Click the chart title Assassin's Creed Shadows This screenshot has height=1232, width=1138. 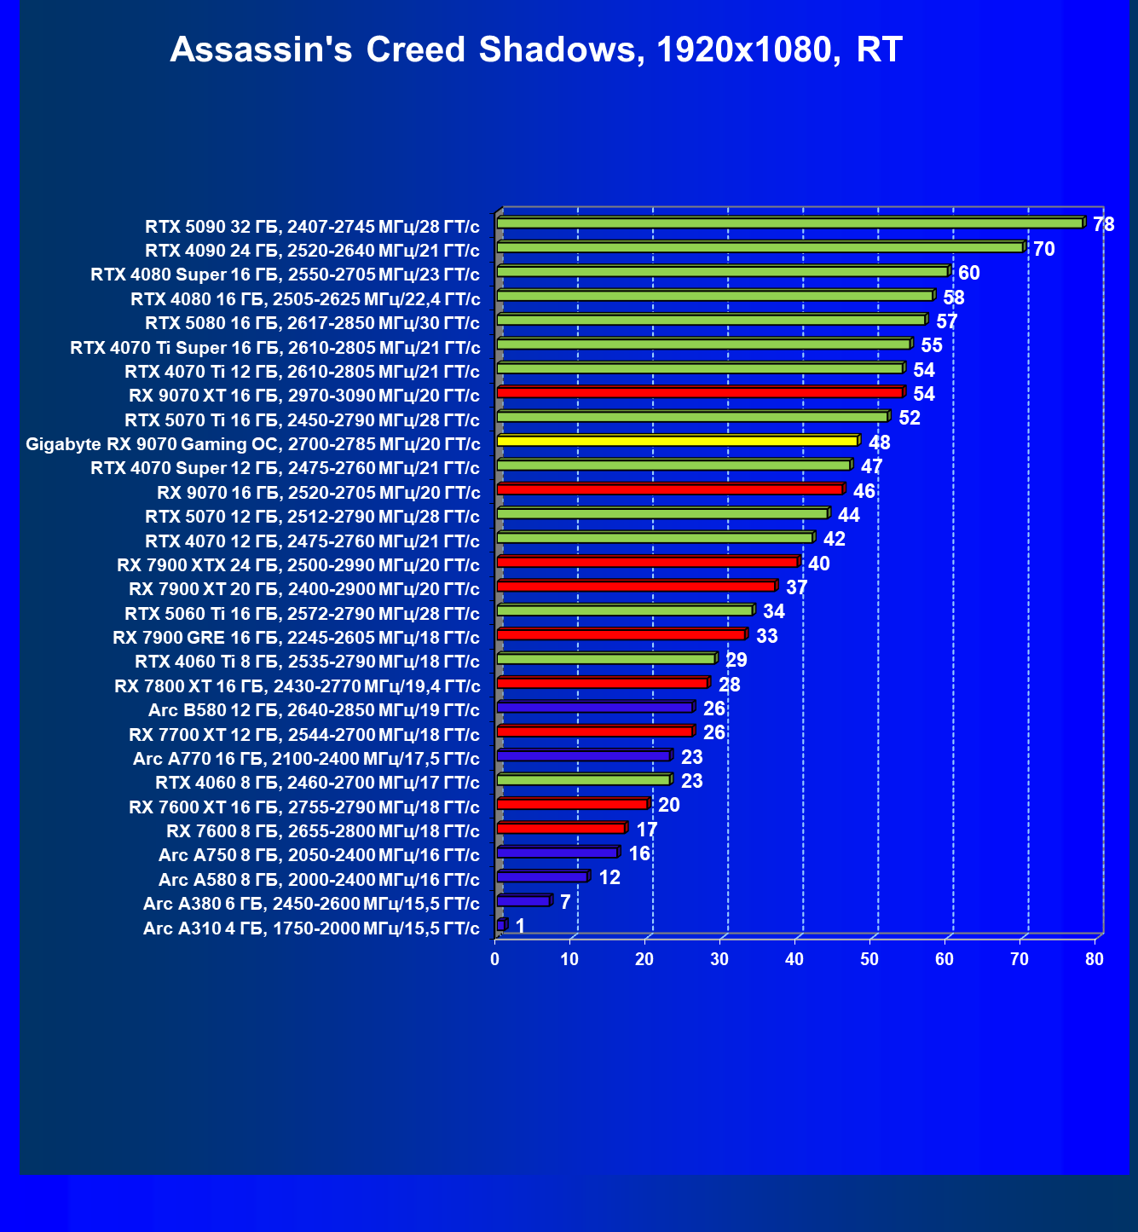pyautogui.click(x=535, y=50)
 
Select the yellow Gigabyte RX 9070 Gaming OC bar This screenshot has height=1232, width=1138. pyautogui.click(x=677, y=441)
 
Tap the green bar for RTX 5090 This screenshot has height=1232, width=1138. pyautogui.click(x=789, y=223)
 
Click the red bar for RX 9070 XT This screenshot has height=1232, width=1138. pyautogui.click(x=699, y=392)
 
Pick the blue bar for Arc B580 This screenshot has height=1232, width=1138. pyautogui.click(x=594, y=707)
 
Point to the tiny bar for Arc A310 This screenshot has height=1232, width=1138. pyautogui.click(x=501, y=925)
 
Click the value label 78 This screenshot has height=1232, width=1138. pyautogui.click(x=1104, y=224)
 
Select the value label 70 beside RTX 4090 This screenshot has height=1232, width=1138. pyautogui.click(x=1044, y=249)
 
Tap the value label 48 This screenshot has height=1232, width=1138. pyautogui.click(x=879, y=442)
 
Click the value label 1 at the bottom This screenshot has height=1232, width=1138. pyautogui.click(x=520, y=926)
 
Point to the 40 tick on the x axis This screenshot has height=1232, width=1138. pyautogui.click(x=794, y=959)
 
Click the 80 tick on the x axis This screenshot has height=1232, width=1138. pyautogui.click(x=1095, y=959)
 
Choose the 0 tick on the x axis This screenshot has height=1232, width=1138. pyautogui.click(x=494, y=959)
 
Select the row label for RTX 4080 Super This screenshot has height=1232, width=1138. pyautogui.click(x=285, y=275)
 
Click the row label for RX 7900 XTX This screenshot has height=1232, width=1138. pyautogui.click(x=297, y=565)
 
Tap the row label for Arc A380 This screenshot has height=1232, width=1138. pyautogui.click(x=311, y=904)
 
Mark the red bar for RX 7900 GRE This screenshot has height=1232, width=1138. pyautogui.click(x=621, y=634)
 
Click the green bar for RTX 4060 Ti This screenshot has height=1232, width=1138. pyautogui.click(x=605, y=659)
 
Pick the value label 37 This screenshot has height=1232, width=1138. pyautogui.click(x=796, y=587)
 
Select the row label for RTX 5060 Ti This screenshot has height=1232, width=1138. pyautogui.click(x=302, y=614)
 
